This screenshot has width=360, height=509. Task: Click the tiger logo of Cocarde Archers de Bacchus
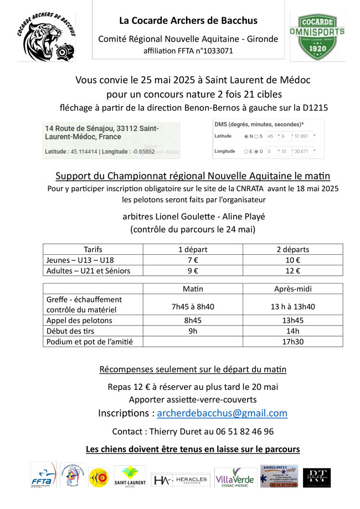[x=46, y=38]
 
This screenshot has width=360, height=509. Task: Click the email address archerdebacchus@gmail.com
[x=222, y=413]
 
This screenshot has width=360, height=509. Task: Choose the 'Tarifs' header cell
[x=92, y=249]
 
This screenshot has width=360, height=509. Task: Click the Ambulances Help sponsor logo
[x=279, y=476]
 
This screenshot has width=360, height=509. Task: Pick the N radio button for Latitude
[x=246, y=136]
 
